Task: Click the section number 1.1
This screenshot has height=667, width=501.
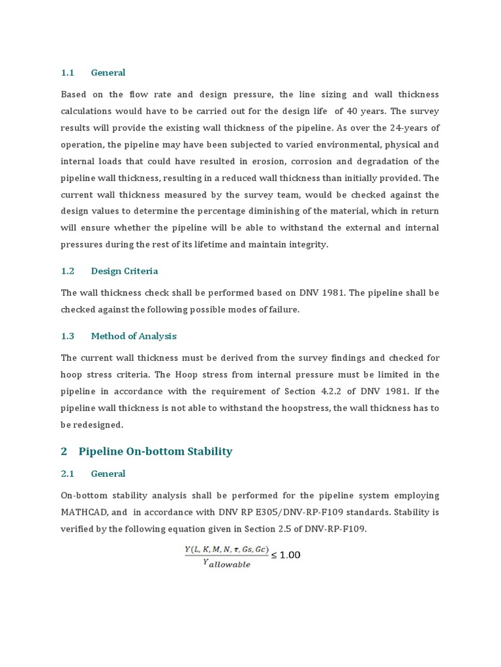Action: tap(68, 72)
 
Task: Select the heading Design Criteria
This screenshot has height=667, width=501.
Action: tap(124, 271)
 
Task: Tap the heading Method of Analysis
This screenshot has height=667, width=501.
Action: tap(134, 336)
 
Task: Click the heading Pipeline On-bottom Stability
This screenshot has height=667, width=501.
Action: tap(155, 451)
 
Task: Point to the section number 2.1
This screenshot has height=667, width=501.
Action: tap(68, 474)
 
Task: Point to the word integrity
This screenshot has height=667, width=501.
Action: tap(307, 244)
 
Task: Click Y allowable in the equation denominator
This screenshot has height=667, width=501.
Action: tap(226, 564)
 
